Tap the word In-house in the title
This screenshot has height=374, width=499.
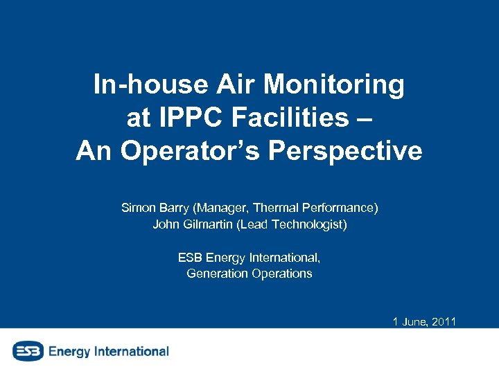150,85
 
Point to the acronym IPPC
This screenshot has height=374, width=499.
198,118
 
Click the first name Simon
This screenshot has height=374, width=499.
138,208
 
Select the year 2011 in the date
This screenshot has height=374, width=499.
442,321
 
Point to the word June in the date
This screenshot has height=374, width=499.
413,321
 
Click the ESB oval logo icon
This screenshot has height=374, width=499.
27,351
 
